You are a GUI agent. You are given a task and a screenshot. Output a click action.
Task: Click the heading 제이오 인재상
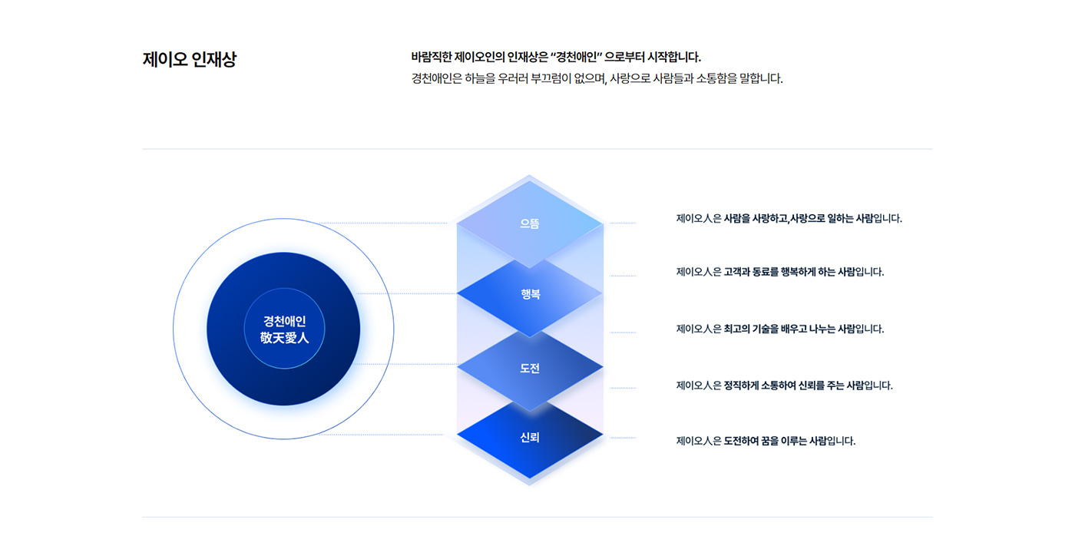[x=190, y=60]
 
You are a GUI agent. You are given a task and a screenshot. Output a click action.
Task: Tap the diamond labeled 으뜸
[x=530, y=224]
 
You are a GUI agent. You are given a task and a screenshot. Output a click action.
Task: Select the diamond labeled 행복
[x=530, y=294]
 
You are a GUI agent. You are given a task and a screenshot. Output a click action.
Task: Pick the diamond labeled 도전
[x=530, y=369]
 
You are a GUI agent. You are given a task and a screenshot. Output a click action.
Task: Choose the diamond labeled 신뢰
[x=530, y=438]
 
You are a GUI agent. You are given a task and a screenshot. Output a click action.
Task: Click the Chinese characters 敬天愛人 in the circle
[x=284, y=338]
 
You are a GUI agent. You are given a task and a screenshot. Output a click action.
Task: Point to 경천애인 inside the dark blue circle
[x=284, y=321]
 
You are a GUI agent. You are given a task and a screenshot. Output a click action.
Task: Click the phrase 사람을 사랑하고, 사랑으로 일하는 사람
[x=799, y=218]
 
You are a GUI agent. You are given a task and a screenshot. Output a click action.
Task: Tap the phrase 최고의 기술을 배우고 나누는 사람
[x=789, y=329]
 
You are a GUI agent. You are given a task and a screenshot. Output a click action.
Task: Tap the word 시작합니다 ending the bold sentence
[x=673, y=57]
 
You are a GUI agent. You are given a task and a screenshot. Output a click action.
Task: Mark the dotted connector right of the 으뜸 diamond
[x=623, y=223]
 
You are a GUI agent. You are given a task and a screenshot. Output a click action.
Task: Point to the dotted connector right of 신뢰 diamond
[x=623, y=438]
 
